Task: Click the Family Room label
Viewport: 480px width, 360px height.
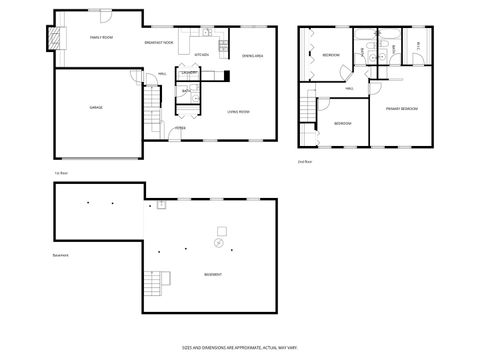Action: point(102,37)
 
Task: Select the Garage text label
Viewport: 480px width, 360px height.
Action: point(96,107)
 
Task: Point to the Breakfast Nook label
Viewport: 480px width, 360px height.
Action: point(160,43)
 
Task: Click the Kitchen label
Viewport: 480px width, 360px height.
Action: point(200,55)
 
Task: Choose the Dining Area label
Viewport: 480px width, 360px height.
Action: point(252,56)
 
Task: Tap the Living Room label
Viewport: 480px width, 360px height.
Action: point(238,111)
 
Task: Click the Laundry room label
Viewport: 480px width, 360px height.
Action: point(189,73)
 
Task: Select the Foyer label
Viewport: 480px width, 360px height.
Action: point(180,128)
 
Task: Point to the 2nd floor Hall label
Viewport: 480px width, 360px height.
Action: point(350,88)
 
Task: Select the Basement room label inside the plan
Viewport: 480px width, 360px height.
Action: point(213,274)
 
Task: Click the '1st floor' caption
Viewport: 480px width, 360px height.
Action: point(61,172)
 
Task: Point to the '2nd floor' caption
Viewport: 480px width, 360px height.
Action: point(304,160)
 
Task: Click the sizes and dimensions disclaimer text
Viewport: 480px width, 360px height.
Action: point(239,347)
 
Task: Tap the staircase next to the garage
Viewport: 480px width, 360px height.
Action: point(152,101)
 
